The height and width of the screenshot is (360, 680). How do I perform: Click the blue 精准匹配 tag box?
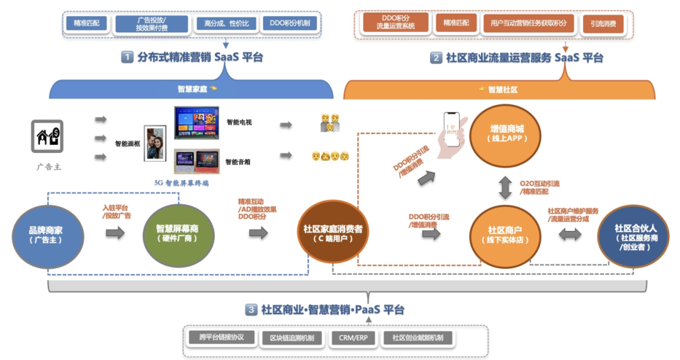[86, 23]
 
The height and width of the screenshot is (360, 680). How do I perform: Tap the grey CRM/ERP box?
[353, 337]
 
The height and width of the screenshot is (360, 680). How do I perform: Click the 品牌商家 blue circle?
[48, 234]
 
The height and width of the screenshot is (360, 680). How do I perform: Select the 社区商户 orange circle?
[505, 233]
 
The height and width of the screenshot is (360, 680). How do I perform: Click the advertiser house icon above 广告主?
[48, 137]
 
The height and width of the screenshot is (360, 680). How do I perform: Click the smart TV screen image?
[196, 123]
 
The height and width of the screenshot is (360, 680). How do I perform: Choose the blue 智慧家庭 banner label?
[191, 89]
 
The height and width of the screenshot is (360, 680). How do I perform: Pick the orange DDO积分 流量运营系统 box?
[395, 23]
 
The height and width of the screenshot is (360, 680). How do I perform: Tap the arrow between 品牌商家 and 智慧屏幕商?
[115, 233]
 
